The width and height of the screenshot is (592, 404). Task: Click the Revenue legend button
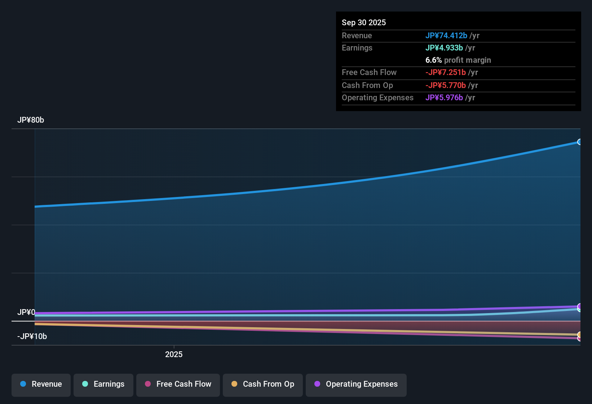tap(41, 385)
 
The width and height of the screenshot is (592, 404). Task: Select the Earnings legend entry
tap(103, 385)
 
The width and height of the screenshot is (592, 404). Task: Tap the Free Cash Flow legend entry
tap(178, 385)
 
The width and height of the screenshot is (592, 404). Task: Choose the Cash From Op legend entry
tap(263, 385)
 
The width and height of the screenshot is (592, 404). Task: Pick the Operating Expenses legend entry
tap(356, 385)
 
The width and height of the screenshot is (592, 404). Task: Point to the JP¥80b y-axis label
tap(31, 120)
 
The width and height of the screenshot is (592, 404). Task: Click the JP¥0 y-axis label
tap(26, 312)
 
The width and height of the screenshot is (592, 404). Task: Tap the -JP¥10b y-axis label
tap(32, 337)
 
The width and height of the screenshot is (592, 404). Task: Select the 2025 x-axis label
tap(174, 355)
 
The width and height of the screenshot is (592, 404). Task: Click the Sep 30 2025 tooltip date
tap(364, 23)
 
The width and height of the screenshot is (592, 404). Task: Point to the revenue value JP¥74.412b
tap(446, 36)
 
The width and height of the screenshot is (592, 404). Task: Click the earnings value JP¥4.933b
tap(444, 48)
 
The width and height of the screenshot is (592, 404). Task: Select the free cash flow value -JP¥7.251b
tap(446, 73)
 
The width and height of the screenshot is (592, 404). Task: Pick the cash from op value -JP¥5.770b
tap(446, 85)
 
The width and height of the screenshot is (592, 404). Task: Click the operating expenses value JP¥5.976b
tap(444, 98)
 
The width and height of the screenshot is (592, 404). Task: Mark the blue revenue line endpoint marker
tap(579, 142)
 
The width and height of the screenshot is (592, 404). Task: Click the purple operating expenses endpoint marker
tap(579, 306)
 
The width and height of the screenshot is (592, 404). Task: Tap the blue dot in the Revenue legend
tap(23, 384)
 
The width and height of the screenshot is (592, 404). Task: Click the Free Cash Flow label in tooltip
tap(369, 73)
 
